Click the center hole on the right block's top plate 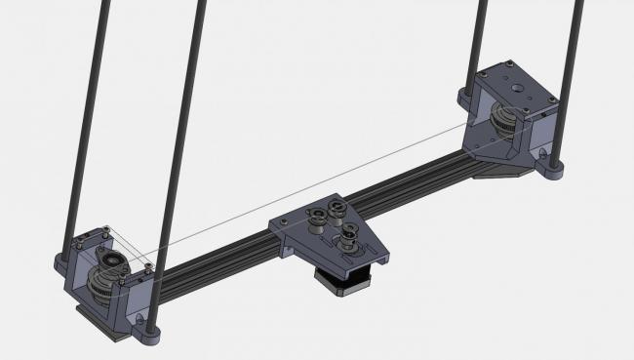coord(514,85)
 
